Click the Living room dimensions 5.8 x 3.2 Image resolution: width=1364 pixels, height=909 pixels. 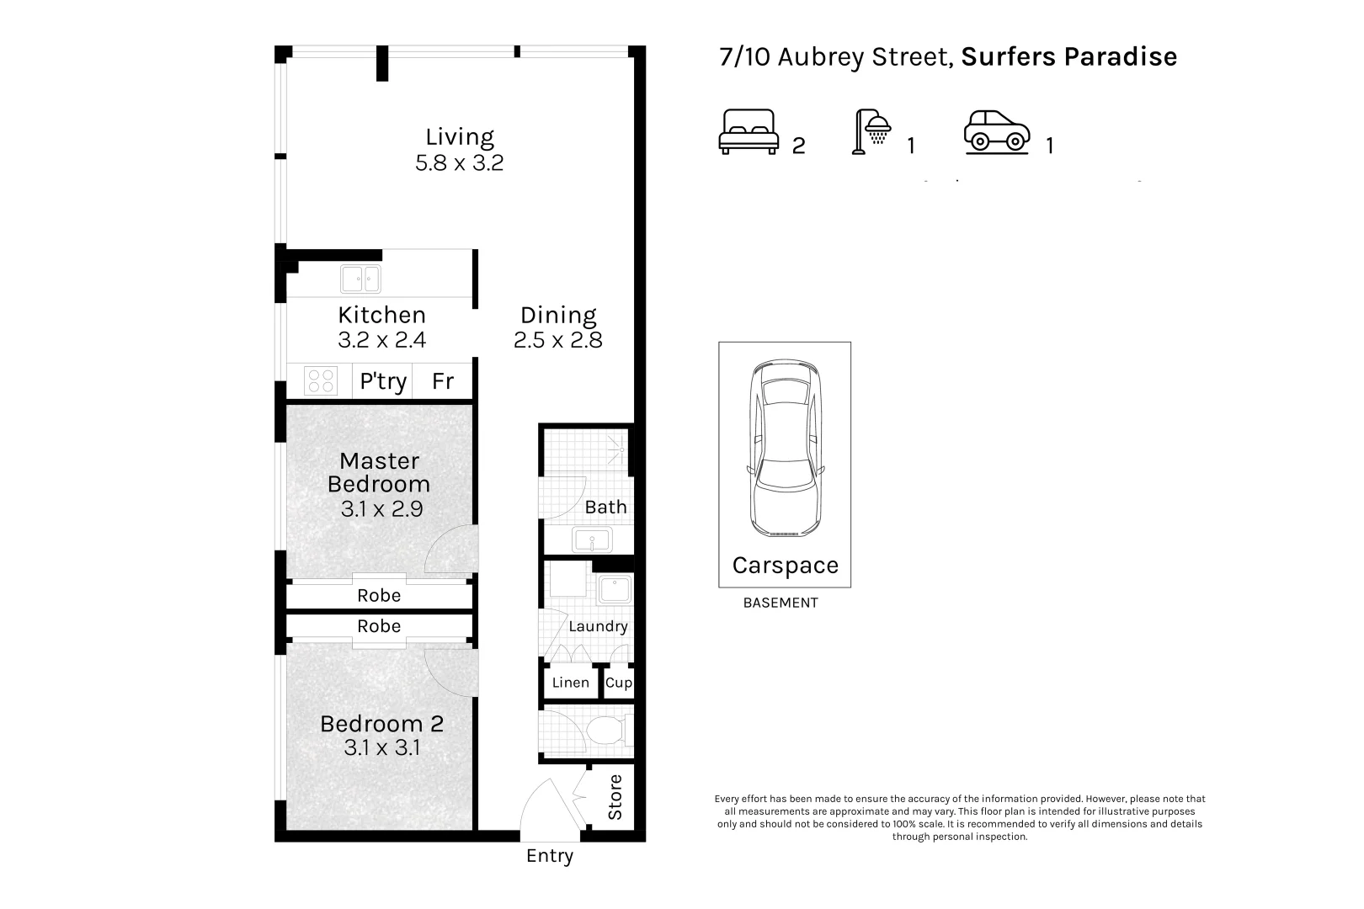(x=459, y=162)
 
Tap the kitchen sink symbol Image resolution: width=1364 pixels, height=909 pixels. (x=360, y=279)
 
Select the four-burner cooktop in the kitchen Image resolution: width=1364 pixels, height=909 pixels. (x=320, y=380)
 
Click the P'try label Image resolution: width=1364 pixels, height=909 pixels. (x=383, y=381)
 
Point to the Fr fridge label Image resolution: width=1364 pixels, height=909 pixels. (x=443, y=381)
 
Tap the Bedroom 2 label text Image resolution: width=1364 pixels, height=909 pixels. (x=381, y=723)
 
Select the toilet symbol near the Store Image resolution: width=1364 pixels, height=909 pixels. (x=606, y=731)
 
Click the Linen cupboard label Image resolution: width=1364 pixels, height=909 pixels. (x=570, y=683)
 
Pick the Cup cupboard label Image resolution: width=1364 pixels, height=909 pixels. (x=618, y=683)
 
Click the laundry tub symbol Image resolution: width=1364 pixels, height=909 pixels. (x=615, y=590)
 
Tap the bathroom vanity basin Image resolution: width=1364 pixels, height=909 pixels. (x=591, y=540)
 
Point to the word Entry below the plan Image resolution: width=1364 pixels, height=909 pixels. (x=549, y=856)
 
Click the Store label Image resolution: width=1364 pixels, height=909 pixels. (x=615, y=797)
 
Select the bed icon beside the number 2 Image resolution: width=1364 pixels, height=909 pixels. (x=749, y=132)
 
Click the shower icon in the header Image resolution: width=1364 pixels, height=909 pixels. (x=872, y=132)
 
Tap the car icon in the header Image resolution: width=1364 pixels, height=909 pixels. (x=997, y=132)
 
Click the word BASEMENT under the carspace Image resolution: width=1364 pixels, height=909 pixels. (x=781, y=603)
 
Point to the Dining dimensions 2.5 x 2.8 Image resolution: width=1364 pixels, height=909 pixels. (x=557, y=340)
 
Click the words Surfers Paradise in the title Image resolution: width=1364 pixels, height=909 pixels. (x=1068, y=56)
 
